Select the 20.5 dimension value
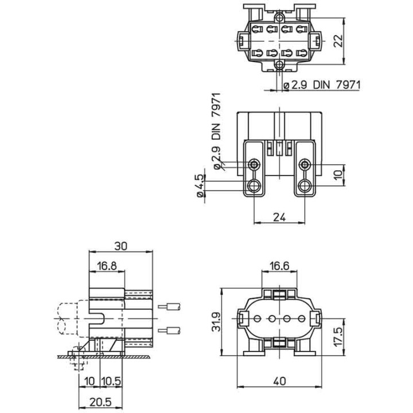91,401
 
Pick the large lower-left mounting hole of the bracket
254,185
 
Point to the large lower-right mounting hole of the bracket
305,185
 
